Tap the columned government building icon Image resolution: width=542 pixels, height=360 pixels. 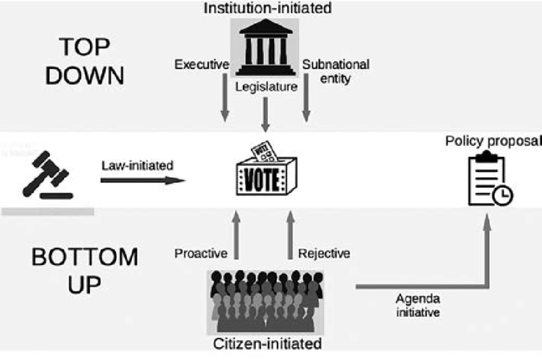click(265, 47)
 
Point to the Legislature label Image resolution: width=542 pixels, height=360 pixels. click(266, 87)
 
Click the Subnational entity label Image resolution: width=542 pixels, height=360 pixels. click(335, 71)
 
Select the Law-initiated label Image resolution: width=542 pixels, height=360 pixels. click(137, 166)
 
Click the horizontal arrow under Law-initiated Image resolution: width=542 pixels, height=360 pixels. click(142, 180)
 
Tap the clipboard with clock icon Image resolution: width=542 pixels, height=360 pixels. click(490, 180)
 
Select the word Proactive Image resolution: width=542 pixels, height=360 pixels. click(201, 254)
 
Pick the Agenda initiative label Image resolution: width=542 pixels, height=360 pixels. click(418, 305)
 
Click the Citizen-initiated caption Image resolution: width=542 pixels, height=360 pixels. click(267, 345)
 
